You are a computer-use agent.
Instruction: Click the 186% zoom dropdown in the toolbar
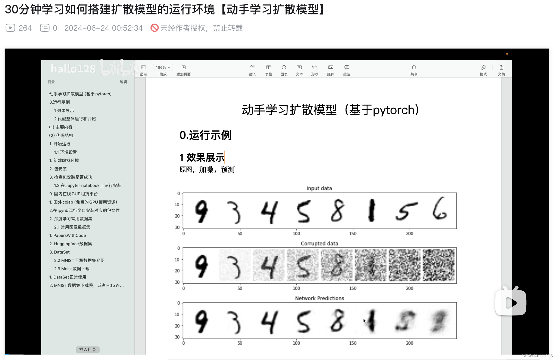pyautogui.click(x=163, y=67)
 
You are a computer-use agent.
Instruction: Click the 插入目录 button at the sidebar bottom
pyautogui.click(x=88, y=349)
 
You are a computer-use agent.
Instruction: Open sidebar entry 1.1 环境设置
pyautogui.click(x=65, y=152)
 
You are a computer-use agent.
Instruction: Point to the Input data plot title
pyautogui.click(x=319, y=188)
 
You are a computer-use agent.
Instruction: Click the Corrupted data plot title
pyautogui.click(x=319, y=244)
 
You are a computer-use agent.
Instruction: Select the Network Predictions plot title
pyautogui.click(x=319, y=298)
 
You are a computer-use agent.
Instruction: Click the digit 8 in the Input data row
pyautogui.click(x=337, y=211)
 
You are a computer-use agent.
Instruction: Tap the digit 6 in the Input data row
pyautogui.click(x=439, y=209)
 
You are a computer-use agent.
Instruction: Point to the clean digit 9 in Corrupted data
pyautogui.click(x=201, y=265)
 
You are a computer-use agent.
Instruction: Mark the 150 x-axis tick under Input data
pyautogui.click(x=353, y=233)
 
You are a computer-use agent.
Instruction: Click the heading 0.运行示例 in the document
pyautogui.click(x=205, y=135)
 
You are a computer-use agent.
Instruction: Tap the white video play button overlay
pyautogui.click(x=511, y=303)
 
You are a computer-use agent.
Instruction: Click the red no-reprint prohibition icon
pyautogui.click(x=155, y=28)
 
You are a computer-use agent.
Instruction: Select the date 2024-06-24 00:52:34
pyautogui.click(x=103, y=28)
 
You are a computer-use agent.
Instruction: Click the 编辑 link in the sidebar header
pyautogui.click(x=123, y=82)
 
